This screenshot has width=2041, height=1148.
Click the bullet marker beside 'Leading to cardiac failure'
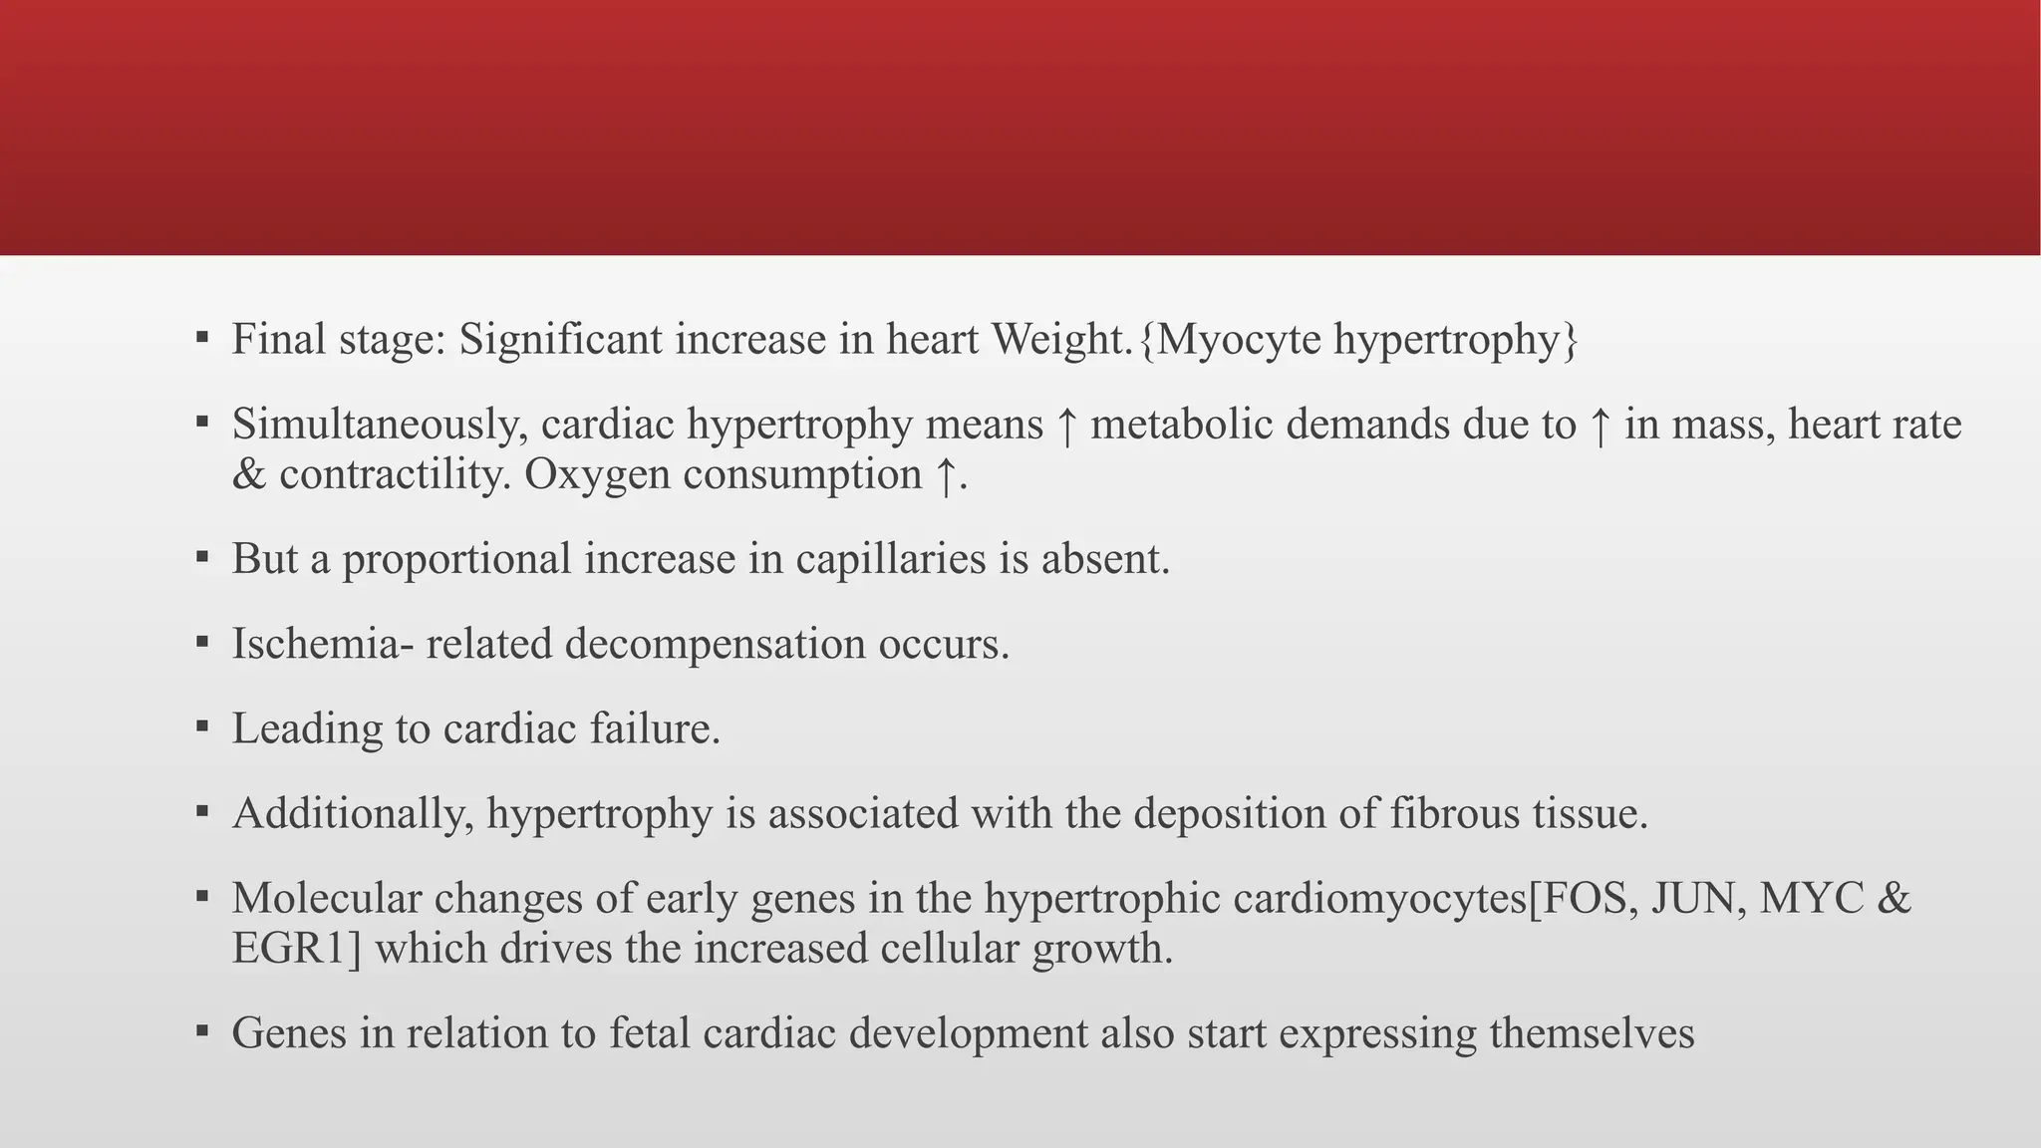(202, 726)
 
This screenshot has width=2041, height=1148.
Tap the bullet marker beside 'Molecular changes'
(202, 896)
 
